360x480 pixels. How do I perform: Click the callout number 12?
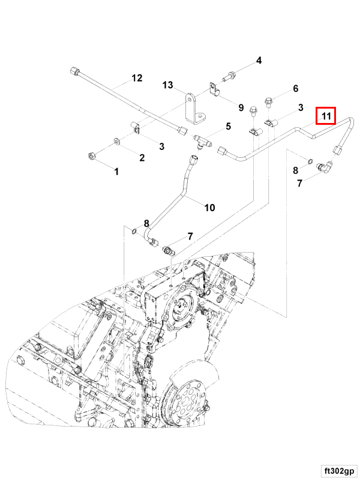137,78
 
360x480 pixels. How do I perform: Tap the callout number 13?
167,86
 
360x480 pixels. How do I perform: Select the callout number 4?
259,60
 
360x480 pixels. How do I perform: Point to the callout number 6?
295,89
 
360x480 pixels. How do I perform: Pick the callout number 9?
241,108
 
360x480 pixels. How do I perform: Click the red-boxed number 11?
326,115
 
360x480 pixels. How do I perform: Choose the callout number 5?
228,126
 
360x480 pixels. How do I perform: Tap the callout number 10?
209,208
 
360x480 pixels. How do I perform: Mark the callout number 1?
116,172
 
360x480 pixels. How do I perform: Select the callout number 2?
142,158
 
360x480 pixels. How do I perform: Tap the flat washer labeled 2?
116,142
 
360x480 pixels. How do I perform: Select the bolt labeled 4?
230,76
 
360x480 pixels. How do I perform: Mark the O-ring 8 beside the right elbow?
308,161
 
